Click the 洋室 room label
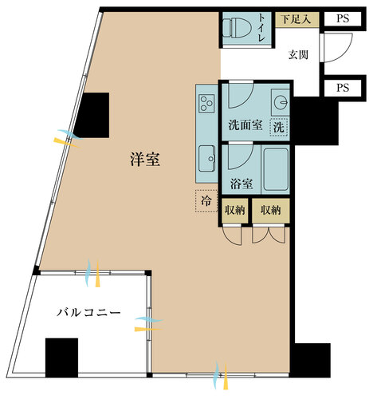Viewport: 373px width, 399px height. tap(145, 160)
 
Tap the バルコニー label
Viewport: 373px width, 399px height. tap(88, 311)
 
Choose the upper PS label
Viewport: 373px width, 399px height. tap(343, 17)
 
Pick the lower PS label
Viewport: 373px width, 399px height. tap(343, 88)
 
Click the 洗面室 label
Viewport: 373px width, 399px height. tap(244, 125)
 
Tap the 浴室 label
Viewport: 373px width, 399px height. tap(241, 183)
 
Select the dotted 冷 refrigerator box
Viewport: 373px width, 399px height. tap(206, 201)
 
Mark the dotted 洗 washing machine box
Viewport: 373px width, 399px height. tap(278, 126)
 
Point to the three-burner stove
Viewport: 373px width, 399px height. tap(206, 104)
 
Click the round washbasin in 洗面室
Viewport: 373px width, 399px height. tap(279, 101)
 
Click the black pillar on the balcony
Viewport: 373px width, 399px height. tap(61, 357)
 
